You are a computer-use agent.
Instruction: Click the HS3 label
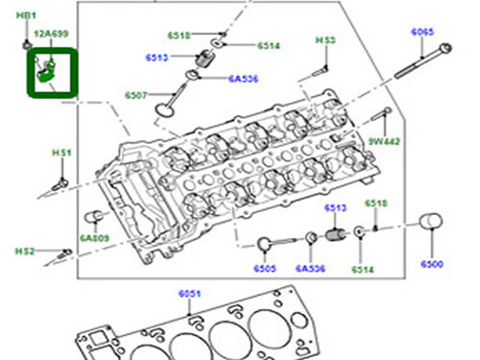click(326, 40)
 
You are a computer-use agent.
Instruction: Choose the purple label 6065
click(422, 33)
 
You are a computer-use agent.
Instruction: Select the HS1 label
click(61, 153)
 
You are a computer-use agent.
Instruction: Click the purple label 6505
click(265, 269)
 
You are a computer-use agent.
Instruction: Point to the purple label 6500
click(432, 264)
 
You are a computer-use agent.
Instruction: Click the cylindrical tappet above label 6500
click(428, 233)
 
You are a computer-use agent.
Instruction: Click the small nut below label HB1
click(25, 43)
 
